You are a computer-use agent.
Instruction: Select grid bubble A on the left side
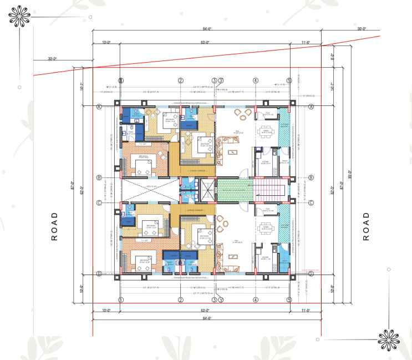(x=99, y=107)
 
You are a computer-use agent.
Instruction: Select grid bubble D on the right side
(x=311, y=273)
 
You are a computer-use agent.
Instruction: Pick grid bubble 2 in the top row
(x=181, y=81)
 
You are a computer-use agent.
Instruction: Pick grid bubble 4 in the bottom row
(x=256, y=300)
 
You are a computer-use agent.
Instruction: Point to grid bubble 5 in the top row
(x=289, y=81)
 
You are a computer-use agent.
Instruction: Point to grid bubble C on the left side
(x=99, y=202)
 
